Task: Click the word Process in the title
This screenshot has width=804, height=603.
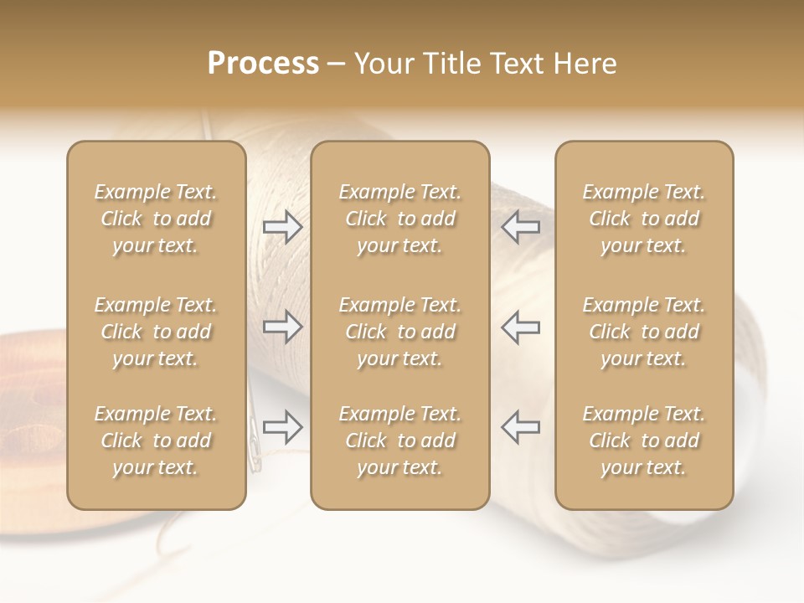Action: [x=263, y=64]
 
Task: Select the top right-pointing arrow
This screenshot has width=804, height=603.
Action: [x=283, y=227]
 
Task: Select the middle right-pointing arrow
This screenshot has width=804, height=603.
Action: [x=283, y=326]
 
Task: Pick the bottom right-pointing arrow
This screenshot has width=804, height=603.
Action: [x=283, y=426]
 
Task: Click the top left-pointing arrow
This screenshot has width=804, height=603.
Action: [x=521, y=227]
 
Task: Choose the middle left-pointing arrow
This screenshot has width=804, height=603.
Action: [x=521, y=326]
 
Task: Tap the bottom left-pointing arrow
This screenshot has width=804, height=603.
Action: [x=521, y=426]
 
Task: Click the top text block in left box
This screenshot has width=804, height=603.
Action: [x=156, y=219]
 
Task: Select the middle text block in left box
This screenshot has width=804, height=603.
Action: [x=156, y=332]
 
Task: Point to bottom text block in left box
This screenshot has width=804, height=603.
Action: [x=156, y=441]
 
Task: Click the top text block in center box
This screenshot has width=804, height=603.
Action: [x=400, y=219]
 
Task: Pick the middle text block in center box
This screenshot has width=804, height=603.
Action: [x=400, y=332]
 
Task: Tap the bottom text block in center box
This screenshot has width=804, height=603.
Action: [x=400, y=441]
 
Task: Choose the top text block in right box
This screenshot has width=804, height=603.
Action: [x=644, y=219]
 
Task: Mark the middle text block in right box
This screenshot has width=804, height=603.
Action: [x=644, y=332]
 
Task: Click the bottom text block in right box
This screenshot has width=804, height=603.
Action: [x=644, y=441]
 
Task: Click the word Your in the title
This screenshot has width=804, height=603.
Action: [x=383, y=64]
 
